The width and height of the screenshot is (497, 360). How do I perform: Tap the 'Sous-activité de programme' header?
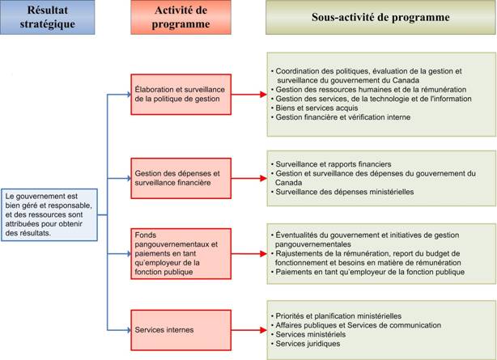click(380, 17)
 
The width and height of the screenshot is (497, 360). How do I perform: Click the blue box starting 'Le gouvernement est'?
click(50, 215)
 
